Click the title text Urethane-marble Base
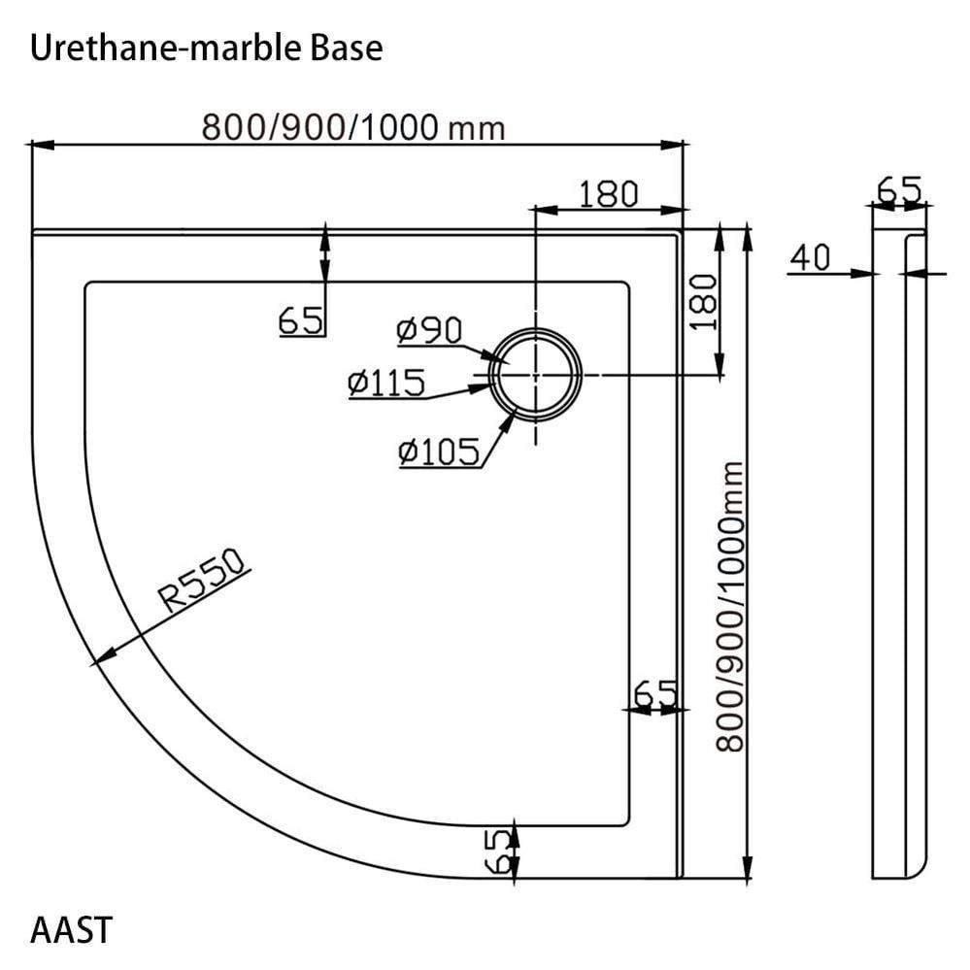pyautogui.click(x=206, y=48)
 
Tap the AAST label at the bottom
pyautogui.click(x=71, y=929)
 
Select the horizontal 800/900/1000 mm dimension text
pyautogui.click(x=352, y=126)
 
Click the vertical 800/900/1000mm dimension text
pyautogui.click(x=730, y=606)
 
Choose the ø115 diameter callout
pyautogui.click(x=386, y=384)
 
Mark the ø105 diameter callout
pyautogui.click(x=439, y=450)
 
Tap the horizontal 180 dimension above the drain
pyautogui.click(x=609, y=194)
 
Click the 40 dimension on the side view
pyautogui.click(x=810, y=257)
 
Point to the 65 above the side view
pyautogui.click(x=899, y=188)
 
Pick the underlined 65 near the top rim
pyautogui.click(x=300, y=319)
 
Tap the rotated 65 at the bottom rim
pyautogui.click(x=495, y=852)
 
